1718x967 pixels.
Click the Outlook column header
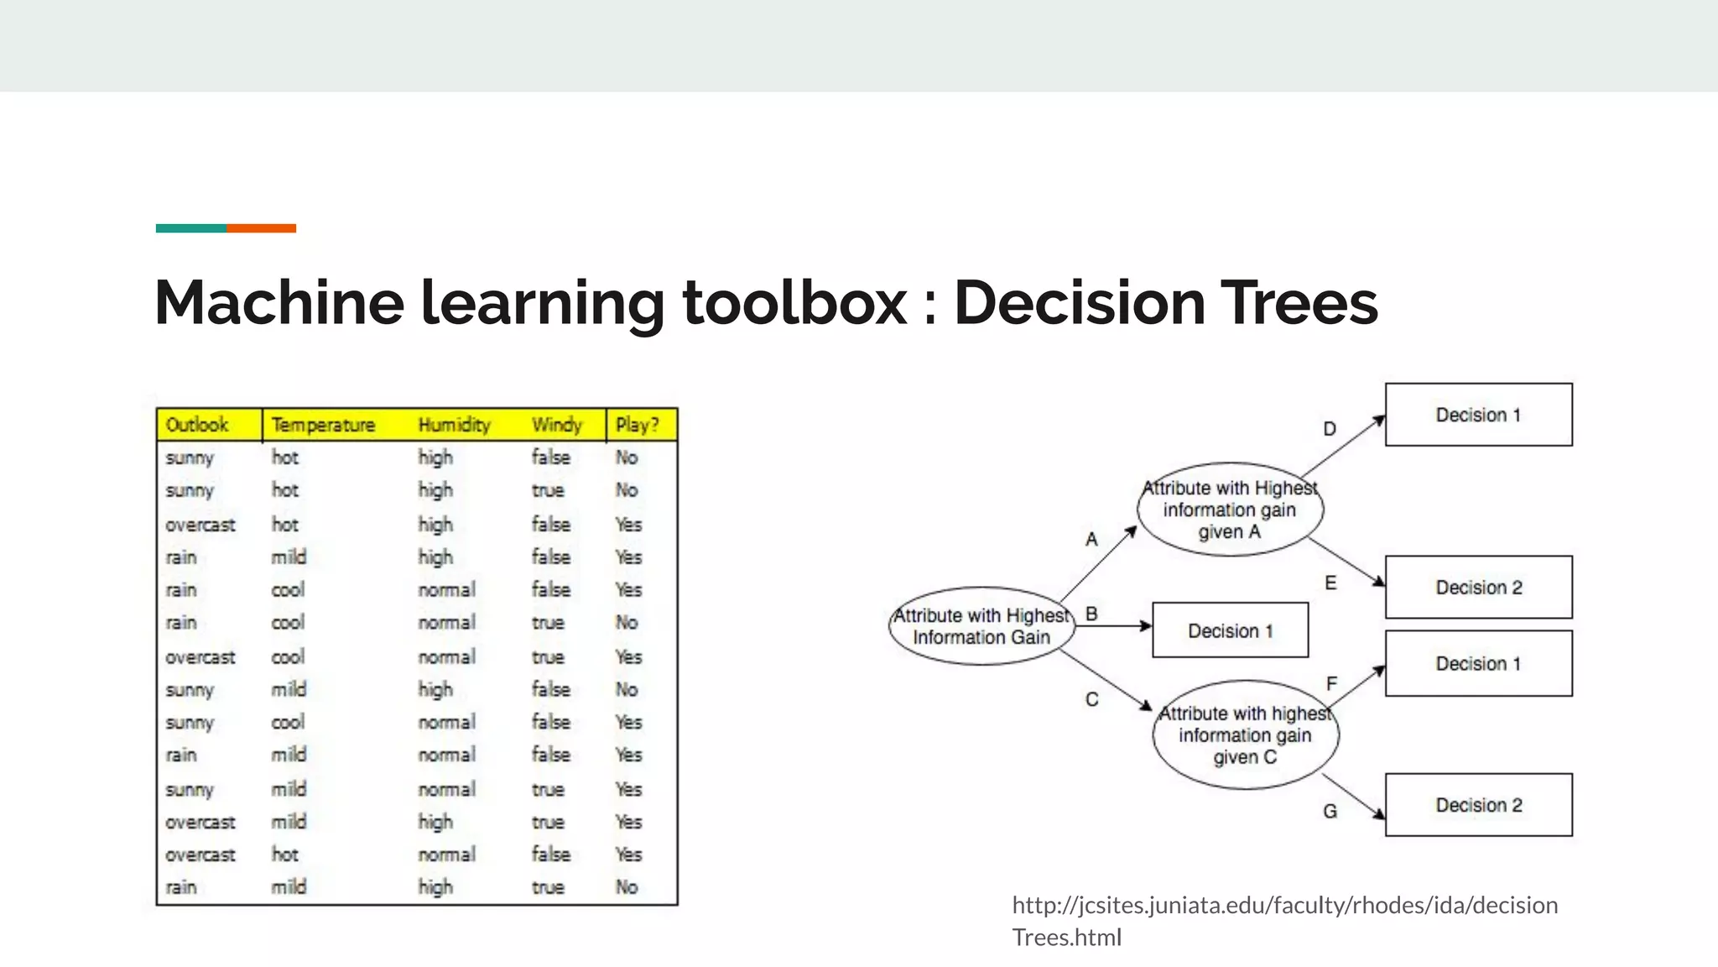click(197, 425)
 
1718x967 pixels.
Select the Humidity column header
click(454, 425)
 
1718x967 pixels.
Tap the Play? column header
click(638, 425)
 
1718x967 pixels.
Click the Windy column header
click(557, 425)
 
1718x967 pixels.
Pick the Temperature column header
click(323, 425)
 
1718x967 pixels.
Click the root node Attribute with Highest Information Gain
click(981, 626)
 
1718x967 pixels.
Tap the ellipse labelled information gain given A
click(1230, 510)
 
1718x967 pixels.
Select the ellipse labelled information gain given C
click(1245, 734)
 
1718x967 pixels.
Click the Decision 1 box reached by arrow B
click(1230, 630)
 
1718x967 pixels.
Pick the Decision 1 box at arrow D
click(1478, 415)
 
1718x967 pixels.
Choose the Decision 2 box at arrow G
click(1478, 805)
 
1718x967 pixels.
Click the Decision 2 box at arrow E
click(1478, 587)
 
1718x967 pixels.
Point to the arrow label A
click(1091, 539)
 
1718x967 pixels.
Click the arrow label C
click(1091, 699)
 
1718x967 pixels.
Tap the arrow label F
click(1331, 684)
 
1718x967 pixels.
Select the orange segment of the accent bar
click(261, 228)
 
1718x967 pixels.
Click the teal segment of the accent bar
click(190, 228)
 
